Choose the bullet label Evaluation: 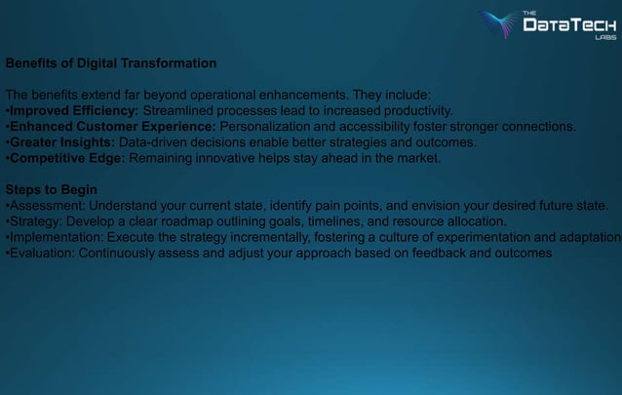(42, 252)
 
